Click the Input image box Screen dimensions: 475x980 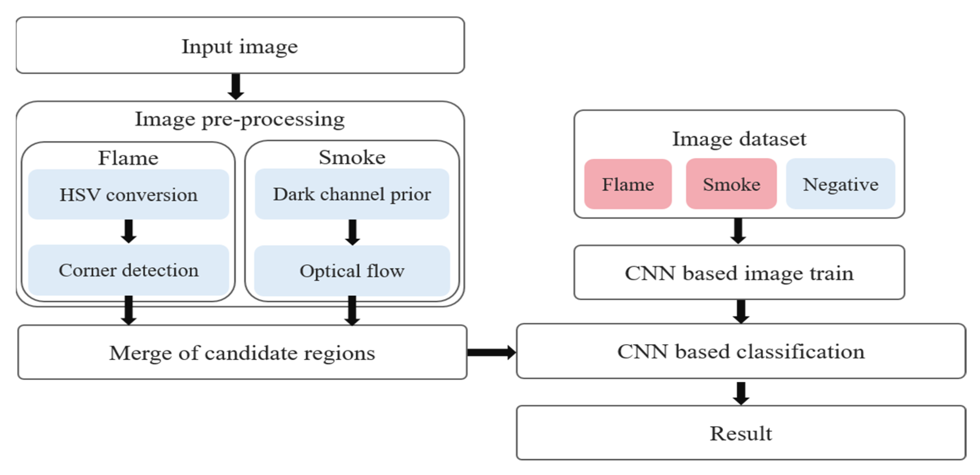pos(240,45)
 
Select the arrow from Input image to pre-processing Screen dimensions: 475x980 pos(236,87)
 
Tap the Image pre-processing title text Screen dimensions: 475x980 pos(240,119)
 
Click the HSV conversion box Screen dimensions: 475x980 pos(129,194)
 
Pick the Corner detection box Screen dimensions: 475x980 pos(129,270)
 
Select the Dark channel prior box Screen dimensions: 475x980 pos(352,194)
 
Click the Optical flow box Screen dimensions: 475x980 pos(352,271)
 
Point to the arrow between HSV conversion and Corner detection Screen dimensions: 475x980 pos(129,231)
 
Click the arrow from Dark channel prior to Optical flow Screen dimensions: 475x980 pos(353,232)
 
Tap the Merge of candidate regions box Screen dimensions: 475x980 pos(242,352)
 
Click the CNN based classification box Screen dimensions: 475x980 pos(741,351)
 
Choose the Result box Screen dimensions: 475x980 pos(741,433)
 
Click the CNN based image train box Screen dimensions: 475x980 pos(739,273)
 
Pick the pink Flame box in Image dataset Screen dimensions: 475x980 pos(628,184)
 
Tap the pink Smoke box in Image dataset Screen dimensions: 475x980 pos(731,184)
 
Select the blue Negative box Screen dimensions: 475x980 pos(840,184)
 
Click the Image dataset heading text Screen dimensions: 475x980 pos(739,138)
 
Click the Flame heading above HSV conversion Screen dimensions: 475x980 pos(128,158)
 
